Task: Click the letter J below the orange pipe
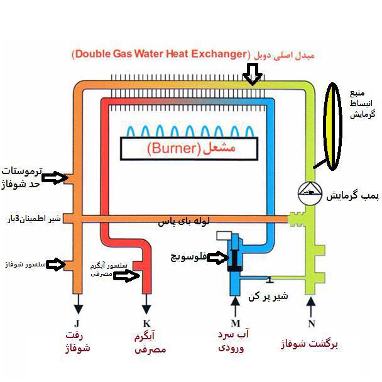77,324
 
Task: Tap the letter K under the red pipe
146,324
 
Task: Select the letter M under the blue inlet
236,324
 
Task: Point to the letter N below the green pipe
312,324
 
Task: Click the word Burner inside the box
174,148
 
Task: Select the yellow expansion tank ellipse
332,126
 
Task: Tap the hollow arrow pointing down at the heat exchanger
253,74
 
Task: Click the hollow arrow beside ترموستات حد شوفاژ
54,177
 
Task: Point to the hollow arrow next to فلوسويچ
217,258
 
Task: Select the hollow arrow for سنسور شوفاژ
56,264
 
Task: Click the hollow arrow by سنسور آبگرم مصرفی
127,276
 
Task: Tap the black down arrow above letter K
146,304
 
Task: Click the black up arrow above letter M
236,307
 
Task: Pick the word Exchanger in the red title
219,54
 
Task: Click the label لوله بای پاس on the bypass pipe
183,221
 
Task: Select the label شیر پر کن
268,296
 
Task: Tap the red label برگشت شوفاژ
309,344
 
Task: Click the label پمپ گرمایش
352,195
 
